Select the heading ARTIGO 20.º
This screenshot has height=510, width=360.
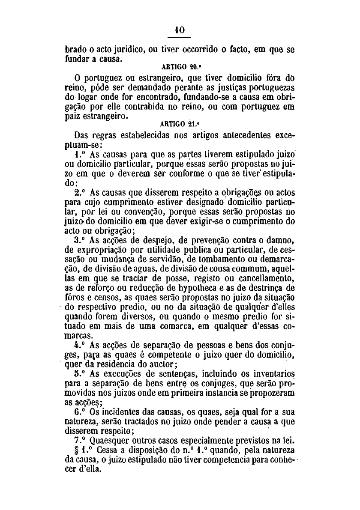[x=179, y=67]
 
